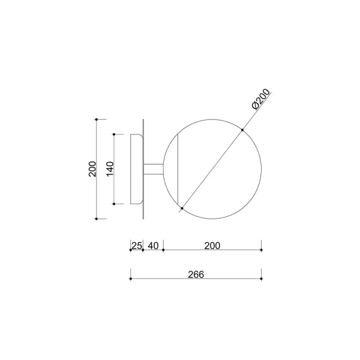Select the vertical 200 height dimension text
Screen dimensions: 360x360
(x=92, y=169)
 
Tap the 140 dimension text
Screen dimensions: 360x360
(x=110, y=169)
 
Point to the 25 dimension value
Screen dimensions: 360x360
(x=136, y=245)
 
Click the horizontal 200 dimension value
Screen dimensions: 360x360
(x=212, y=245)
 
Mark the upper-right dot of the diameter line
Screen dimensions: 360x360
(x=242, y=130)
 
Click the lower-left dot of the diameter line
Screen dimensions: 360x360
(x=182, y=208)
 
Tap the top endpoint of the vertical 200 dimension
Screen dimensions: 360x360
(x=97, y=119)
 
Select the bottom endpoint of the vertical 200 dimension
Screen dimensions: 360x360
(x=97, y=219)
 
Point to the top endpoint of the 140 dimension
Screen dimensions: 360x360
(x=114, y=134)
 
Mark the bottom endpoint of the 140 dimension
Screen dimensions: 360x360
(x=114, y=204)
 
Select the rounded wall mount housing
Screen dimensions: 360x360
(x=137, y=169)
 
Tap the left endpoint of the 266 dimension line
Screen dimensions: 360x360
(x=130, y=279)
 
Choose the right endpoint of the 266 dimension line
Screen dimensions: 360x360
(x=262, y=279)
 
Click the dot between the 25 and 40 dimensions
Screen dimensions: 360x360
(x=143, y=250)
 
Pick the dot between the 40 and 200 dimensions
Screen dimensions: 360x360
(x=163, y=250)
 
